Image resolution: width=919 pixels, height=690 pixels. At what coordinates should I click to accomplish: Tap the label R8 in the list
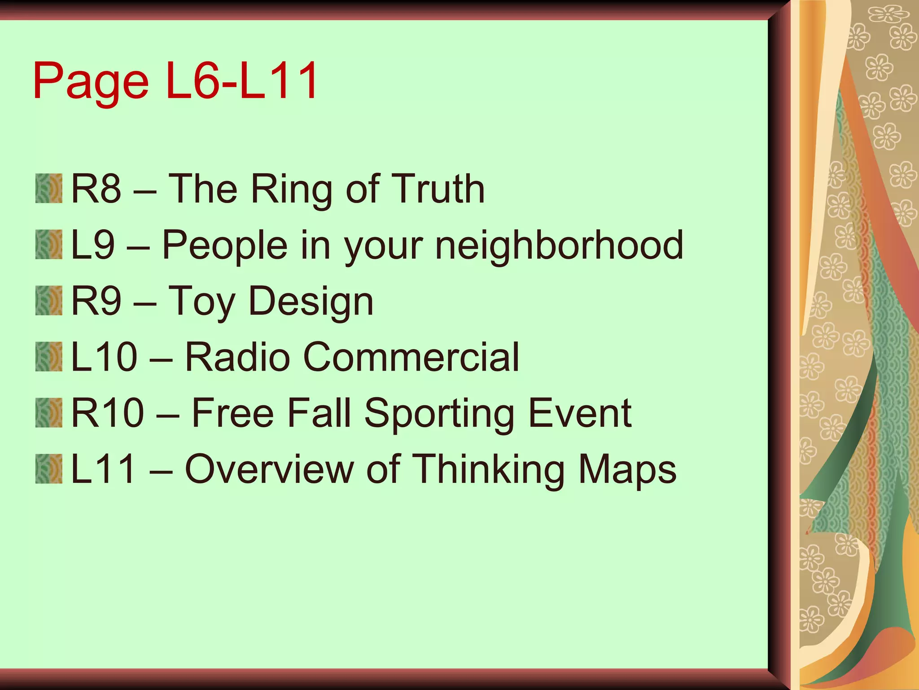click(96, 189)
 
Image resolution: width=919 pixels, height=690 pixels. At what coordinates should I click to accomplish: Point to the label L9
click(93, 245)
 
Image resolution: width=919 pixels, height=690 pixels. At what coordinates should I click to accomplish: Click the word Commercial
click(411, 357)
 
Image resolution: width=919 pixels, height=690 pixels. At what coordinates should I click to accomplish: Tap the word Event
click(580, 413)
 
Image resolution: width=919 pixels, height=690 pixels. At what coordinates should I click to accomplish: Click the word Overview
click(269, 469)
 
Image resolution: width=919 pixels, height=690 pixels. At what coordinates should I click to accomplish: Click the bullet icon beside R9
click(49, 301)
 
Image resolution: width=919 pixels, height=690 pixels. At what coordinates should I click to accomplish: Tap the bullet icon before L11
click(49, 469)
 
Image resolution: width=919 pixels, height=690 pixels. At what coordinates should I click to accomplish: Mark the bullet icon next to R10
click(49, 412)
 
